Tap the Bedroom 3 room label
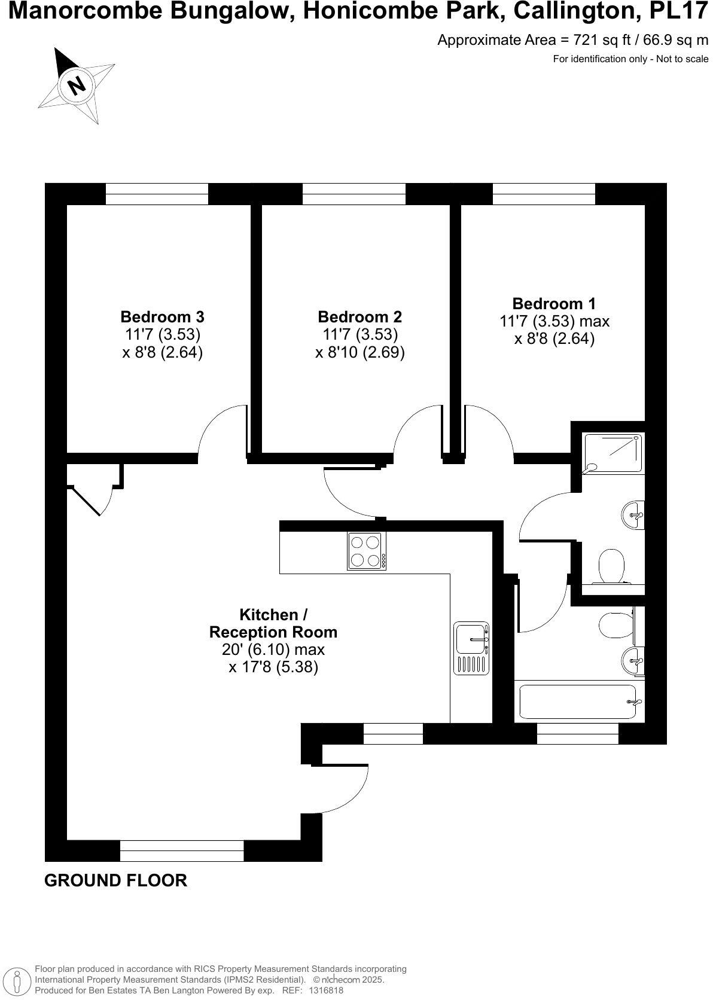click(162, 316)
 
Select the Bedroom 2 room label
click(359, 316)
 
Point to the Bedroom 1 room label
click(554, 304)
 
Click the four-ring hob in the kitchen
click(366, 550)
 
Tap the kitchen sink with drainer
click(472, 648)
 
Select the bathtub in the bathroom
click(578, 702)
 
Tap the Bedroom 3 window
click(157, 194)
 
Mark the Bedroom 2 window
click(354, 194)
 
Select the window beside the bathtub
click(577, 733)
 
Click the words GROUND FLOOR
click(115, 880)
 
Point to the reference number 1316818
click(325, 990)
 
